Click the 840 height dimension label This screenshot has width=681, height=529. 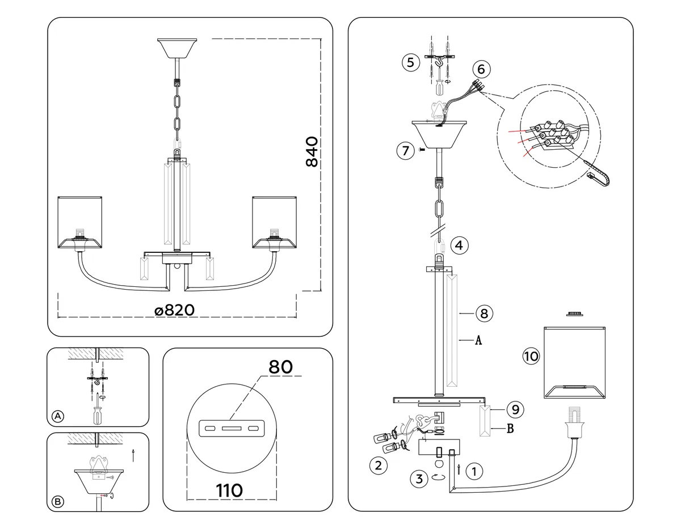tap(312, 151)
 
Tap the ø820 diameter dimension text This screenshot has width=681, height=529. tap(175, 310)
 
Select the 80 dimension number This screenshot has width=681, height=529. tap(280, 367)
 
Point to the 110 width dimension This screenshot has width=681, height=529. tap(229, 490)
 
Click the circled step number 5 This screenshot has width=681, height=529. tap(410, 62)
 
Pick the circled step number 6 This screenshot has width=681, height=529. tap(481, 69)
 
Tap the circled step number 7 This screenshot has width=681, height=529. tap(406, 151)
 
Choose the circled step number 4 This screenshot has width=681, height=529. tap(459, 245)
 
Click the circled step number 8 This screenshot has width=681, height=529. tap(484, 314)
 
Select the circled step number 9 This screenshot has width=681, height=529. tap(515, 409)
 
